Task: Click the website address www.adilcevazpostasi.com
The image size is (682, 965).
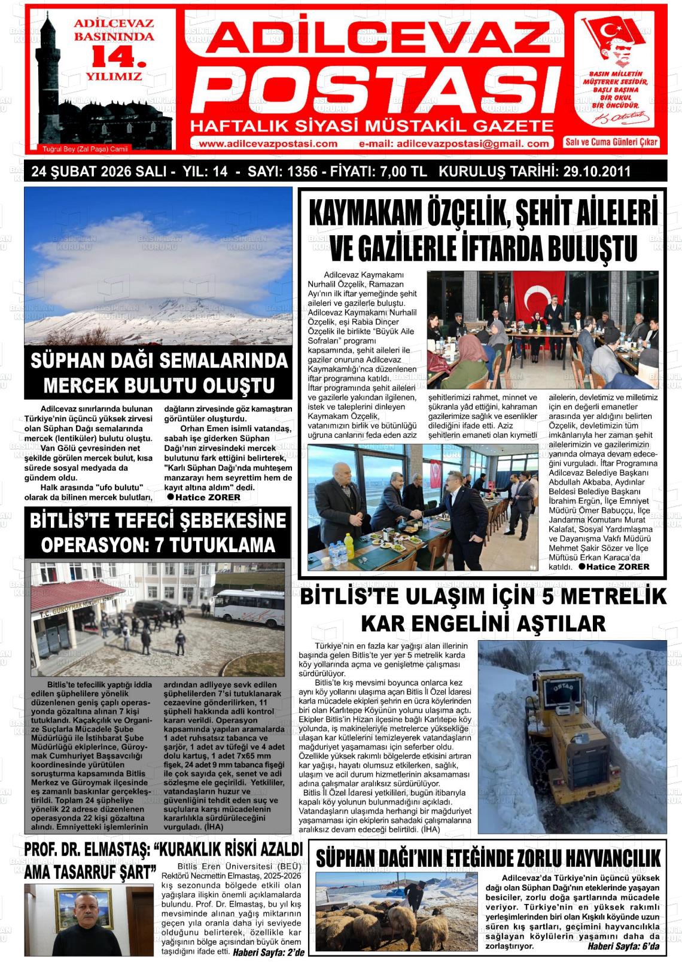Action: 268,144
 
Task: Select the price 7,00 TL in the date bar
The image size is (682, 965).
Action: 403,172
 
